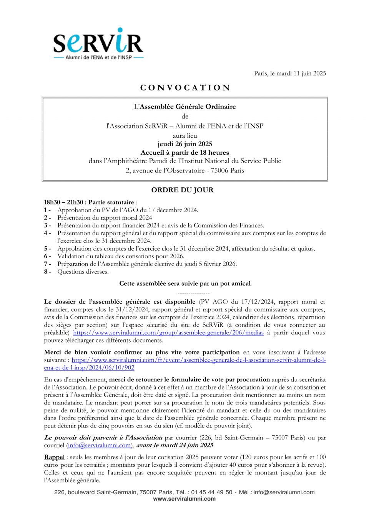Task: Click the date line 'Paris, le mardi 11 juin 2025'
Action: pyautogui.click(x=289, y=74)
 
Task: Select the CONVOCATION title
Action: pyautogui.click(x=185, y=88)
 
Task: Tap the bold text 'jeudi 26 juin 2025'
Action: pyautogui.click(x=185, y=144)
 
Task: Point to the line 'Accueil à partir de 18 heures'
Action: pyautogui.click(x=185, y=152)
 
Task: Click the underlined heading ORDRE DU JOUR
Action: pyautogui.click(x=182, y=190)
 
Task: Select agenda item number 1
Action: pyautogui.click(x=128, y=210)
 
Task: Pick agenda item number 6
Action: pyautogui.click(x=121, y=256)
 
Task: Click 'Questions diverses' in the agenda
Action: pyautogui.click(x=83, y=272)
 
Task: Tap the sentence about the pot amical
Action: pyautogui.click(x=185, y=284)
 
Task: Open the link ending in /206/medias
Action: pyautogui.click(x=168, y=333)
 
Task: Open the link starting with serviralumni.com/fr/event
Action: pyautogui.click(x=198, y=360)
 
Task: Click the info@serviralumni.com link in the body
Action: pyautogui.click(x=100, y=445)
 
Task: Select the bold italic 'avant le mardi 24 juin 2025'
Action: pyautogui.click(x=175, y=445)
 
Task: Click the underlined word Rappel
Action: pyautogui.click(x=54, y=457)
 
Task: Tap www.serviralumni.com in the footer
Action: pyautogui.click(x=184, y=499)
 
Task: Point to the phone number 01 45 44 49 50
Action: pyautogui.click(x=212, y=492)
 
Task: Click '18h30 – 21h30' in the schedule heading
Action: pyautogui.click(x=63, y=202)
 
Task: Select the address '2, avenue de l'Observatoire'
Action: pyautogui.click(x=166, y=170)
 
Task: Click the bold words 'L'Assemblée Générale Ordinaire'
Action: pyautogui.click(x=185, y=107)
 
